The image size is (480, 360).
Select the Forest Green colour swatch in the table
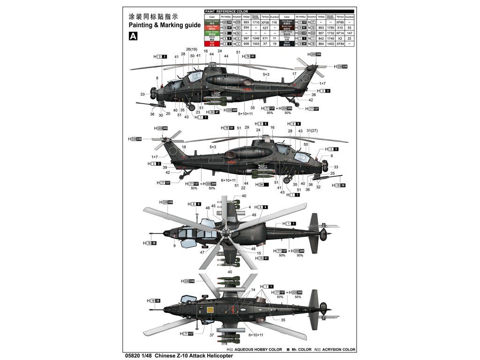(212, 22)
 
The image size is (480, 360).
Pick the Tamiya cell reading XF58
(265, 22)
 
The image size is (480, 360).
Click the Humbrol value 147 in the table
(349, 33)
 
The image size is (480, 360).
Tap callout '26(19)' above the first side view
(192, 49)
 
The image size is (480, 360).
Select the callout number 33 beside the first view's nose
(142, 94)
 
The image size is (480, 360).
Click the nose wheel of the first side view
(192, 108)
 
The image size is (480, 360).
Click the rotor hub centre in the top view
(226, 232)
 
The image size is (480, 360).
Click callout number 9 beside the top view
(174, 245)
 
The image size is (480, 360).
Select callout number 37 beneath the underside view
(211, 335)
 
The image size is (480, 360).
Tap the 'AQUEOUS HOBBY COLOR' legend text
(258, 349)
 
